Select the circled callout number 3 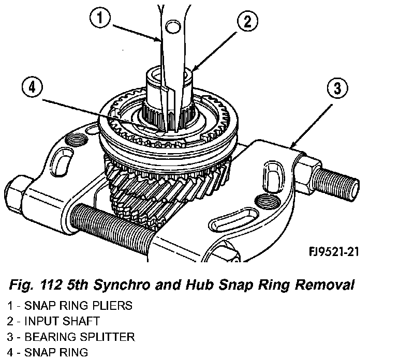point(336,89)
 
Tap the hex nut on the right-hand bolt point(308,170)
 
